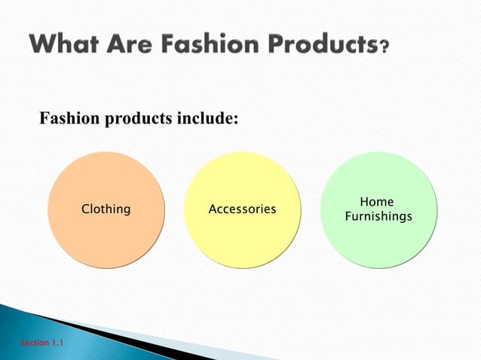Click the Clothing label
pyautogui.click(x=106, y=209)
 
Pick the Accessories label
pyautogui.click(x=242, y=209)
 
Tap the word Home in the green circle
pyautogui.click(x=377, y=202)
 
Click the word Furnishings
pyautogui.click(x=378, y=217)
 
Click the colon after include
pyautogui.click(x=236, y=121)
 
